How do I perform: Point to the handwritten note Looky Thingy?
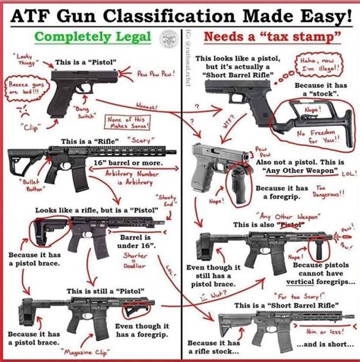point(25,61)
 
